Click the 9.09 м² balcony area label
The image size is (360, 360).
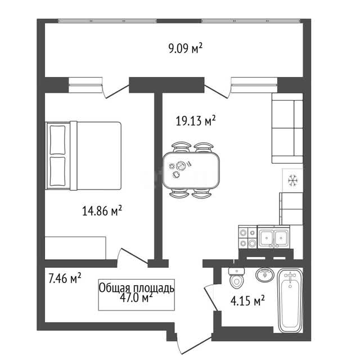pyautogui.click(x=185, y=48)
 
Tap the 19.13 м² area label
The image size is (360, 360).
pyautogui.click(x=196, y=120)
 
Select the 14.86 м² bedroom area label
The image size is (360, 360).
pyautogui.click(x=102, y=211)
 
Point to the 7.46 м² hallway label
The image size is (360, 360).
pyautogui.click(x=65, y=278)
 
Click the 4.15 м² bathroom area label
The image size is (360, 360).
pyautogui.click(x=247, y=300)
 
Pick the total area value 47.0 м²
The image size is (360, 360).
pyautogui.click(x=136, y=298)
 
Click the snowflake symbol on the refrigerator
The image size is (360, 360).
pyautogui.click(x=292, y=180)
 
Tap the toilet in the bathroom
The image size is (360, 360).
pyautogui.click(x=237, y=278)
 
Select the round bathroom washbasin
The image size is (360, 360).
pyautogui.click(x=265, y=274)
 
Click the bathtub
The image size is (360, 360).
pyautogui.click(x=290, y=300)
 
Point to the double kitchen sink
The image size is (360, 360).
pyautogui.click(x=273, y=237)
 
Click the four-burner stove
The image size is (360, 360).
pyautogui.click(x=247, y=237)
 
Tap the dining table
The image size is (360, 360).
pyautogui.click(x=191, y=170)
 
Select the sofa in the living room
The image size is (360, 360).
pyautogui.click(x=287, y=128)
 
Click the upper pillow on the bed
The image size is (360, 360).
pyautogui.click(x=57, y=140)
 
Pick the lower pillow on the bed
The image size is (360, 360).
pyautogui.click(x=57, y=171)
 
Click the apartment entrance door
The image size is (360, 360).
pyautogui.click(x=194, y=345)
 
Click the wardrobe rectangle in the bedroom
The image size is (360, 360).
pyautogui.click(x=75, y=248)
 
